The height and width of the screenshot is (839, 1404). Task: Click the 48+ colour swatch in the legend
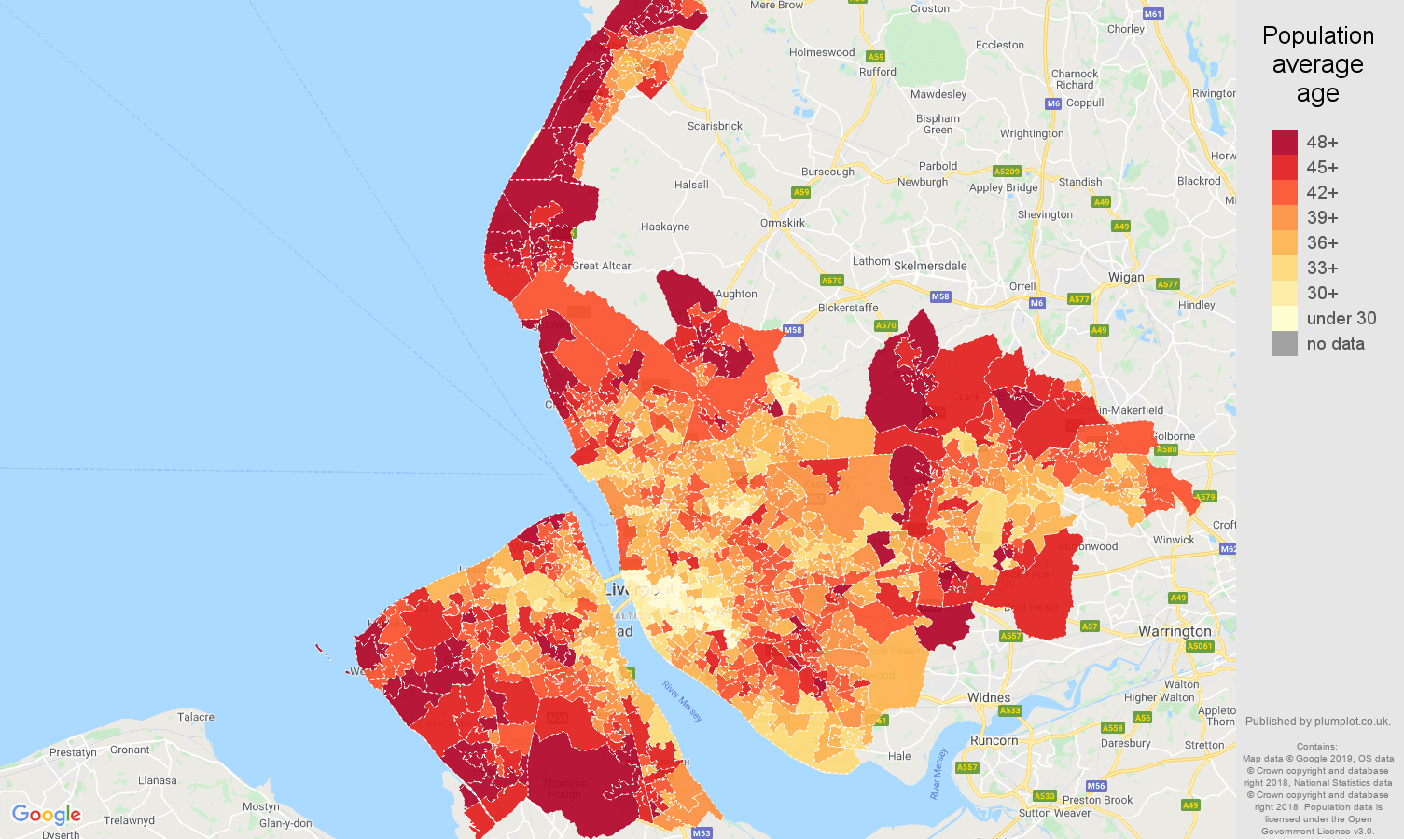pyautogui.click(x=1285, y=142)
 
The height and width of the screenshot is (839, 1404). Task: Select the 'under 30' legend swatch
pyautogui.click(x=1285, y=318)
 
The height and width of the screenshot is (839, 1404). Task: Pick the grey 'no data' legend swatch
pyautogui.click(x=1285, y=343)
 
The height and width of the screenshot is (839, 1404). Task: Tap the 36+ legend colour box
pyautogui.click(x=1285, y=242)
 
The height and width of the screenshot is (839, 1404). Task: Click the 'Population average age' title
pyautogui.click(x=1317, y=64)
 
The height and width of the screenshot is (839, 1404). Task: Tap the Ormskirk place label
pyautogui.click(x=782, y=223)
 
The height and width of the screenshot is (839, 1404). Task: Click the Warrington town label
pyautogui.click(x=1174, y=631)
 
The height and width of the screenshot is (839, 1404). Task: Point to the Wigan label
pyautogui.click(x=1125, y=277)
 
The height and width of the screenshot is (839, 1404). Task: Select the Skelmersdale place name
pyautogui.click(x=929, y=266)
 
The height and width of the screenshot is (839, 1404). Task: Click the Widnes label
pyautogui.click(x=988, y=697)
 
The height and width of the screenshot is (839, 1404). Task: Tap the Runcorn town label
pyautogui.click(x=994, y=740)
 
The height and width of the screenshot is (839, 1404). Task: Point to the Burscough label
pyautogui.click(x=827, y=172)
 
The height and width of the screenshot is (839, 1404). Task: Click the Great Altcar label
pyautogui.click(x=601, y=266)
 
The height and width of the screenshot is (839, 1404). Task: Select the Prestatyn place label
pyautogui.click(x=73, y=752)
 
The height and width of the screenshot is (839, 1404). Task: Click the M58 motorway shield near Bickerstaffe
pyautogui.click(x=939, y=296)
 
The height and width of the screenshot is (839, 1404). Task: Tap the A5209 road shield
pyautogui.click(x=1007, y=172)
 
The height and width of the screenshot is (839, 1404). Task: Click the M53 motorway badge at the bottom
pyautogui.click(x=702, y=833)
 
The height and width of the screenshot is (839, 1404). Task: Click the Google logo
pyautogui.click(x=47, y=815)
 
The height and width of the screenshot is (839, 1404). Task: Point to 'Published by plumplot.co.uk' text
pyautogui.click(x=1317, y=721)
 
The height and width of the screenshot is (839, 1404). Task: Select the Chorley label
pyautogui.click(x=1125, y=29)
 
